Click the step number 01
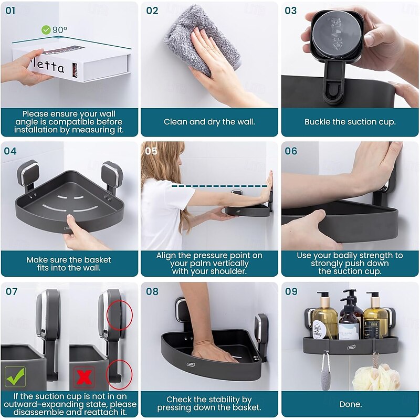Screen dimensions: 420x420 pyautogui.click(x=10, y=10)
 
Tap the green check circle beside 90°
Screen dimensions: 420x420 pyautogui.click(x=46, y=30)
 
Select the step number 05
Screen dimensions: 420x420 pyautogui.click(x=151, y=151)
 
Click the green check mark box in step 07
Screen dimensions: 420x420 pyautogui.click(x=16, y=376)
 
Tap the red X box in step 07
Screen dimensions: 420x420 pyautogui.click(x=84, y=377)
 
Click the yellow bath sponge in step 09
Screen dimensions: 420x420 pyautogui.click(x=375, y=377)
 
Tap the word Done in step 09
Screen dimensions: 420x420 pyautogui.click(x=350, y=404)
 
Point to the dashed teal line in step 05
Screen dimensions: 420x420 pyautogui.click(x=219, y=186)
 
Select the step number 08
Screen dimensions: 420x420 pyautogui.click(x=152, y=291)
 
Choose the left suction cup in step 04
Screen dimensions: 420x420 pyautogui.click(x=28, y=174)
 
